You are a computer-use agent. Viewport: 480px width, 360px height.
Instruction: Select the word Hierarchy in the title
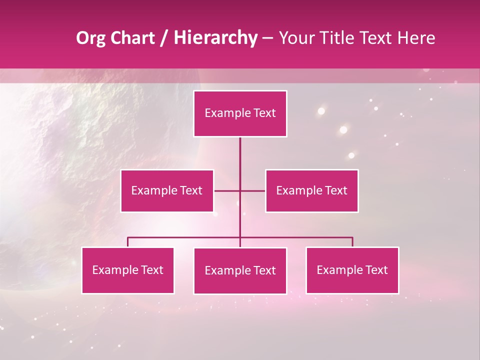215,38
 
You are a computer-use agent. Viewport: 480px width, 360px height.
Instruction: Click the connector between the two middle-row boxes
239,190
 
